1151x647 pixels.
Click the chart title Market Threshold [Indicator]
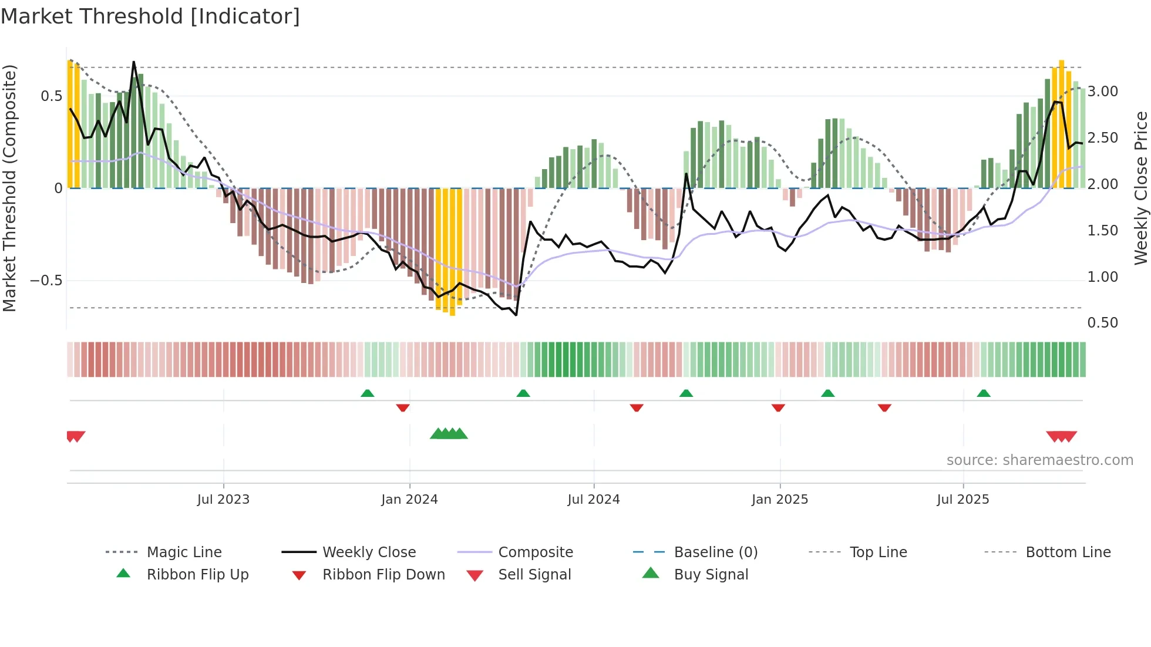[x=150, y=16]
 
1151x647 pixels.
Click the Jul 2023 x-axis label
[x=223, y=500]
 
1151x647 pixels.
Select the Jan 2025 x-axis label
[x=780, y=500]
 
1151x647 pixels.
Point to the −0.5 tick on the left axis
[x=46, y=281]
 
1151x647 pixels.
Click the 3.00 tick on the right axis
[x=1102, y=92]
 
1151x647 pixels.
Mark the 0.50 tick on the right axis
[x=1102, y=323]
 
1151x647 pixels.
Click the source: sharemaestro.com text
[x=1039, y=460]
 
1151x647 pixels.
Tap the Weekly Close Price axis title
[x=1140, y=188]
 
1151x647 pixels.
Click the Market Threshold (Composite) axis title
[x=10, y=188]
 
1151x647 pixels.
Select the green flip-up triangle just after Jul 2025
[x=984, y=393]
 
